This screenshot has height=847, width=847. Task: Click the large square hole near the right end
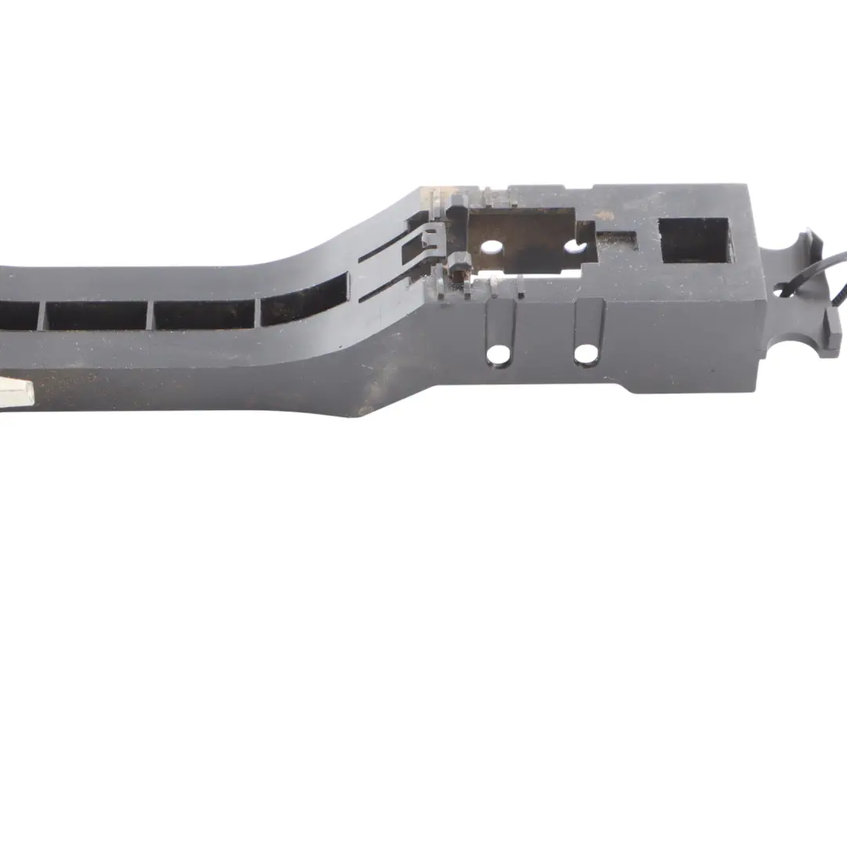pos(696,240)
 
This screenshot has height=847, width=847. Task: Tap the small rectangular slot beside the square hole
pos(616,240)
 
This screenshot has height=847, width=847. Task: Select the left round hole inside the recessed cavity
pos(492,248)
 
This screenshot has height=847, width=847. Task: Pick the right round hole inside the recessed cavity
pos(575,248)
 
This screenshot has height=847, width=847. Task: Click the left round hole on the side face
pos(498,354)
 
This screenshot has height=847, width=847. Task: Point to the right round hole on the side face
pos(586,354)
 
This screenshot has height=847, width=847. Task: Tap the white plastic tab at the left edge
pos(16,391)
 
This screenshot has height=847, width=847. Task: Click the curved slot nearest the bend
pos(304,301)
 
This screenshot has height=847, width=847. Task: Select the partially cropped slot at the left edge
pos(17,315)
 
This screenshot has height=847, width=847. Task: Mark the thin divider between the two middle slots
pos(150,315)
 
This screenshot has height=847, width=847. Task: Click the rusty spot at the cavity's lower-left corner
pos(455,274)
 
